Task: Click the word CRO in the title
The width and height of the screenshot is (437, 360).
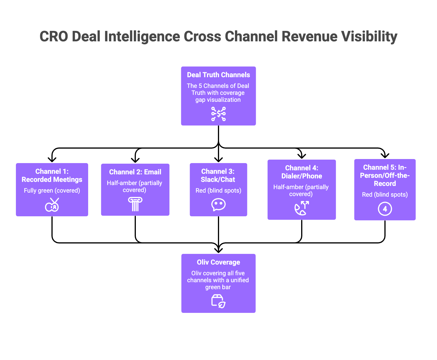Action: coord(54,37)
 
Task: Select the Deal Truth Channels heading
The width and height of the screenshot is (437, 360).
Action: coord(218,75)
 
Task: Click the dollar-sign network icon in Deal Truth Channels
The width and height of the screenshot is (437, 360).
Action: coord(218,114)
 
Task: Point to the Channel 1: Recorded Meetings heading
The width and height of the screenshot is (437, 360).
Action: coord(52,176)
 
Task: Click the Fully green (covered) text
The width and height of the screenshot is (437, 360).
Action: coord(52,191)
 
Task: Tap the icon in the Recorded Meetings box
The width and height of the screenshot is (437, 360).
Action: coord(52,205)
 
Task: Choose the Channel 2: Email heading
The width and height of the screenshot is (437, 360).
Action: coord(135,172)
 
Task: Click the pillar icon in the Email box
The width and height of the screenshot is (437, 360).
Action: coord(135,204)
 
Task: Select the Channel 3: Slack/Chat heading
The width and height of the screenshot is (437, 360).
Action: coord(218,176)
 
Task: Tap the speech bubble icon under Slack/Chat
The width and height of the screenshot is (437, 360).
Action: coord(218,205)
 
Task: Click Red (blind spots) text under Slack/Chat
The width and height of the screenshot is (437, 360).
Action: coord(218,191)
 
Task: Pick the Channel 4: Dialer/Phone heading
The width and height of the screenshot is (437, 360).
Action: coord(301,172)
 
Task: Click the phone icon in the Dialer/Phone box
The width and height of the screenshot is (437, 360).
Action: coord(301,208)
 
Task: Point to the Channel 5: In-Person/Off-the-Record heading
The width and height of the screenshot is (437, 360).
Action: coord(385,176)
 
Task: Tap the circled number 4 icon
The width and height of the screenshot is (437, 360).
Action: coord(385,209)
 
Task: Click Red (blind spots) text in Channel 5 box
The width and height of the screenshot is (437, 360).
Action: coord(385,195)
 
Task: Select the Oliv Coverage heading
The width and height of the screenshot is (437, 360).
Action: coord(218,262)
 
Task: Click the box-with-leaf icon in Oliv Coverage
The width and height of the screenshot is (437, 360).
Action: coord(218,301)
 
